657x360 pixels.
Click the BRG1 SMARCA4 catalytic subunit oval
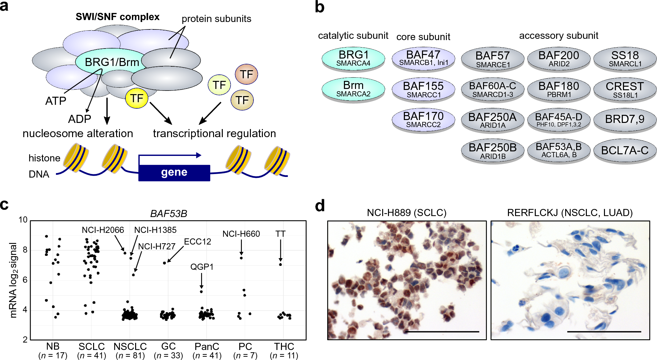[x=353, y=58]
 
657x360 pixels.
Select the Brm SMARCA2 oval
[x=353, y=89]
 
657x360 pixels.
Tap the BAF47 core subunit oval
[x=423, y=58]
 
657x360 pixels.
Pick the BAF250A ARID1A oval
[x=492, y=120]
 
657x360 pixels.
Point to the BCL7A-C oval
[x=625, y=150]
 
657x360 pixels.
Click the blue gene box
[x=174, y=173]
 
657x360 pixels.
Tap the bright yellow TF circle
[x=137, y=98]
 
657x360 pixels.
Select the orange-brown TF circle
[x=246, y=74]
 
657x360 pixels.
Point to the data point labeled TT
[x=280, y=265]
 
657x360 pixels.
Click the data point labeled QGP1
[x=201, y=292]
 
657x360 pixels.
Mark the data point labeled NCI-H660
[x=241, y=258]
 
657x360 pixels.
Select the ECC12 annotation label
[x=197, y=242]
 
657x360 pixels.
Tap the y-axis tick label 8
[x=25, y=250]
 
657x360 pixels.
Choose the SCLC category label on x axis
[x=92, y=346]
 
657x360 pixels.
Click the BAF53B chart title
[x=168, y=214]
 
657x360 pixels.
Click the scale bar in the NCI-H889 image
[x=442, y=332]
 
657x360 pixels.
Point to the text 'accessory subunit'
[x=558, y=36]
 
